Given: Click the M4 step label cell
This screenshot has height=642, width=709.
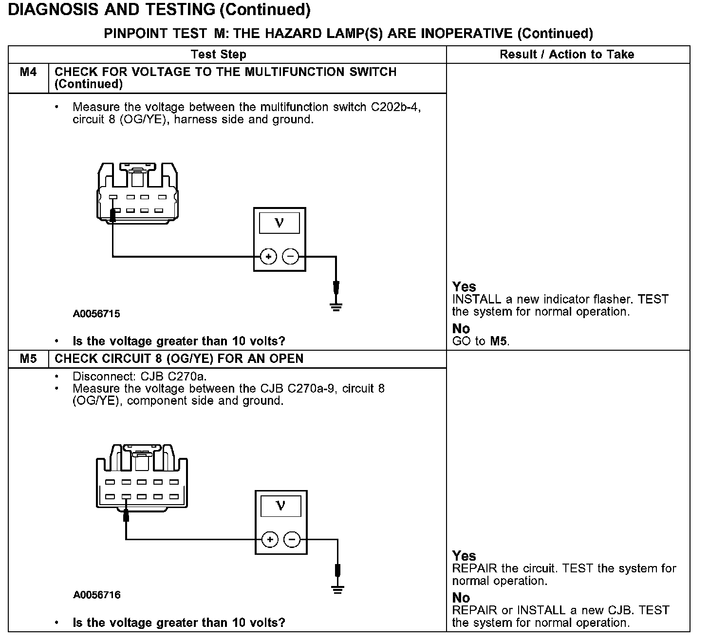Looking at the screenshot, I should (x=28, y=73).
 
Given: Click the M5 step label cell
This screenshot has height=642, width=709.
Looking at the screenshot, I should (x=28, y=359).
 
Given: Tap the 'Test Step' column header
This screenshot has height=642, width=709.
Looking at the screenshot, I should (x=219, y=55).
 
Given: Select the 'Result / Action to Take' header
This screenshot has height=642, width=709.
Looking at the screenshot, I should (x=567, y=55).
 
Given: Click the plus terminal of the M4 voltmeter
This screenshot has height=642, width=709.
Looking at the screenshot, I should (x=268, y=256).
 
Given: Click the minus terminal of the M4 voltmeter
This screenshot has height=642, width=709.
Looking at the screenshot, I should (x=291, y=256).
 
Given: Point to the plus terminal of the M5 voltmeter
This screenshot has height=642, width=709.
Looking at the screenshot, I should (x=270, y=539).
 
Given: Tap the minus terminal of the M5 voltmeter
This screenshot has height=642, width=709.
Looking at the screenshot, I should (x=292, y=539).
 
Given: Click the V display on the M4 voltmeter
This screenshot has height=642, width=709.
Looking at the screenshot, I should (x=279, y=223).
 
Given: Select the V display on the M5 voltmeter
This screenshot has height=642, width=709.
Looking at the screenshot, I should (x=280, y=506).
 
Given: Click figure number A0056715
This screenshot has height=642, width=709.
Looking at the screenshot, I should (x=96, y=314).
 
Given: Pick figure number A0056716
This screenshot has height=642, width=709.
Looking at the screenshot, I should (x=97, y=595).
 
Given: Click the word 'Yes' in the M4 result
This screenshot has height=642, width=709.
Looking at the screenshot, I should (x=464, y=286).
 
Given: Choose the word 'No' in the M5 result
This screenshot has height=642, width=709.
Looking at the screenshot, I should (x=461, y=598).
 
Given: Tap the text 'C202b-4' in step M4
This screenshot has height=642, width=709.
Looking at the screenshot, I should (x=396, y=107).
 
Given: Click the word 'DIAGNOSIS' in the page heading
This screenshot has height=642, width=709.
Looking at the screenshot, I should (x=56, y=9).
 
